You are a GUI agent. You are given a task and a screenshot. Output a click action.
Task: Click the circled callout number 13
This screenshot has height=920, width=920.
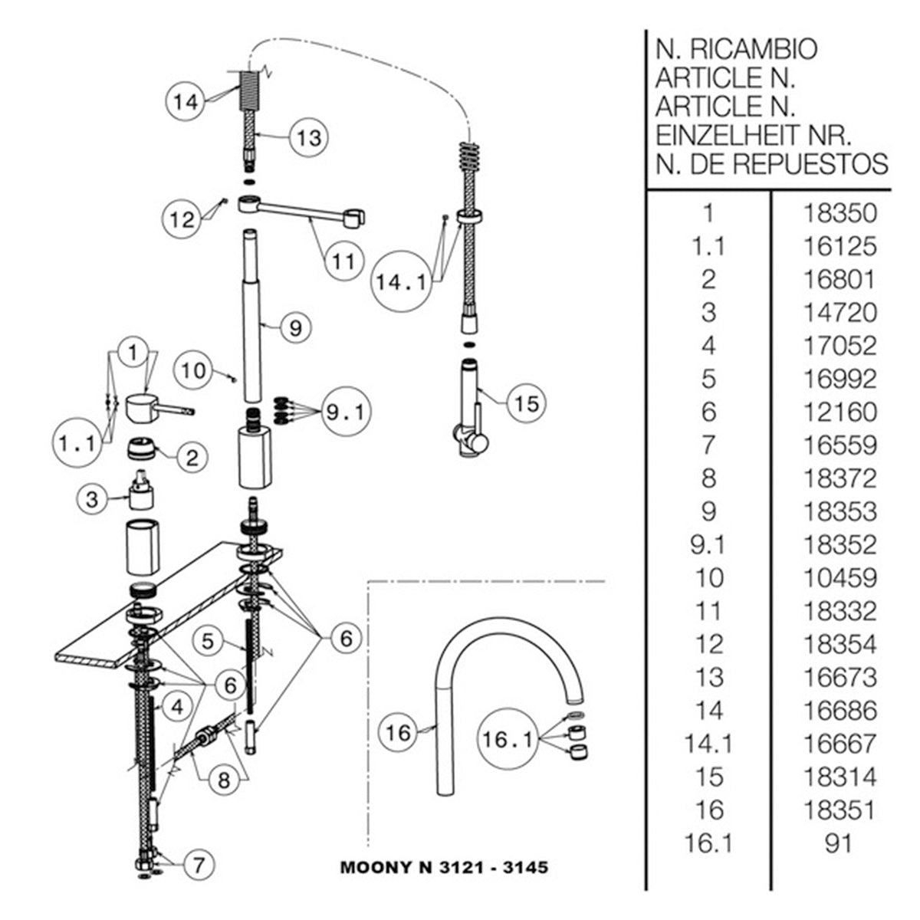310,138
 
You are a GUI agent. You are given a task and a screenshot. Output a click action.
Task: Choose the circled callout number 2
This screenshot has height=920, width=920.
192,458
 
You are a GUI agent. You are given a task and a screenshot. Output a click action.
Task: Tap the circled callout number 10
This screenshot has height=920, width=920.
195,371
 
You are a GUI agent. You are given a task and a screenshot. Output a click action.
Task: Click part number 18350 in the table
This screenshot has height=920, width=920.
839,213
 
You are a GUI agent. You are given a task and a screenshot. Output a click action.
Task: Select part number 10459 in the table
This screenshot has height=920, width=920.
839,577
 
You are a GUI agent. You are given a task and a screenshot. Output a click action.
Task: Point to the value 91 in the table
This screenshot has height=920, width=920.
839,843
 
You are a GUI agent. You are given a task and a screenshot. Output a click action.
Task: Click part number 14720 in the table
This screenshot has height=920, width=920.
839,312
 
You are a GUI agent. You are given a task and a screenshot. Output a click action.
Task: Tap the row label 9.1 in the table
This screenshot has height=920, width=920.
708,544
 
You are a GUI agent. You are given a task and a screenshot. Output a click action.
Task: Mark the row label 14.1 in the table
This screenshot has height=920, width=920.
708,743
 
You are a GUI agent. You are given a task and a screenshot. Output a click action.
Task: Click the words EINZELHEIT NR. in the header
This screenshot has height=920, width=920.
752,136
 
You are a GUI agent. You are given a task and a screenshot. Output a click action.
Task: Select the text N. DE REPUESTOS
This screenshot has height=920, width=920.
771,163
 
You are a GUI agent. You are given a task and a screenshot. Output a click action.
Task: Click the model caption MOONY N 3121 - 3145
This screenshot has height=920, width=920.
444,869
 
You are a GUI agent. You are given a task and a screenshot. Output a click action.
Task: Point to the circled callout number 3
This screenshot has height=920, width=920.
92,500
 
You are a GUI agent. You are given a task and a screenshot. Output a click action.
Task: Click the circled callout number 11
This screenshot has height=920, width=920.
343,261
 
